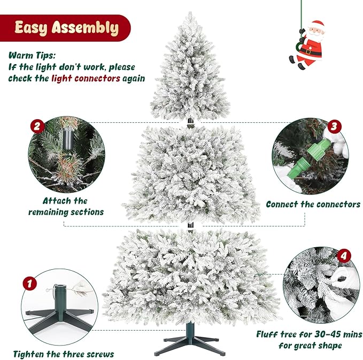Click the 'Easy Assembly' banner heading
66,28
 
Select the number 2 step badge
37,127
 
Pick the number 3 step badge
334,127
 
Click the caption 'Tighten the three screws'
63,354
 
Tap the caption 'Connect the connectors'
313,204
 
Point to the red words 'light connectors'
86,78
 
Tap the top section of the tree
190,69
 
